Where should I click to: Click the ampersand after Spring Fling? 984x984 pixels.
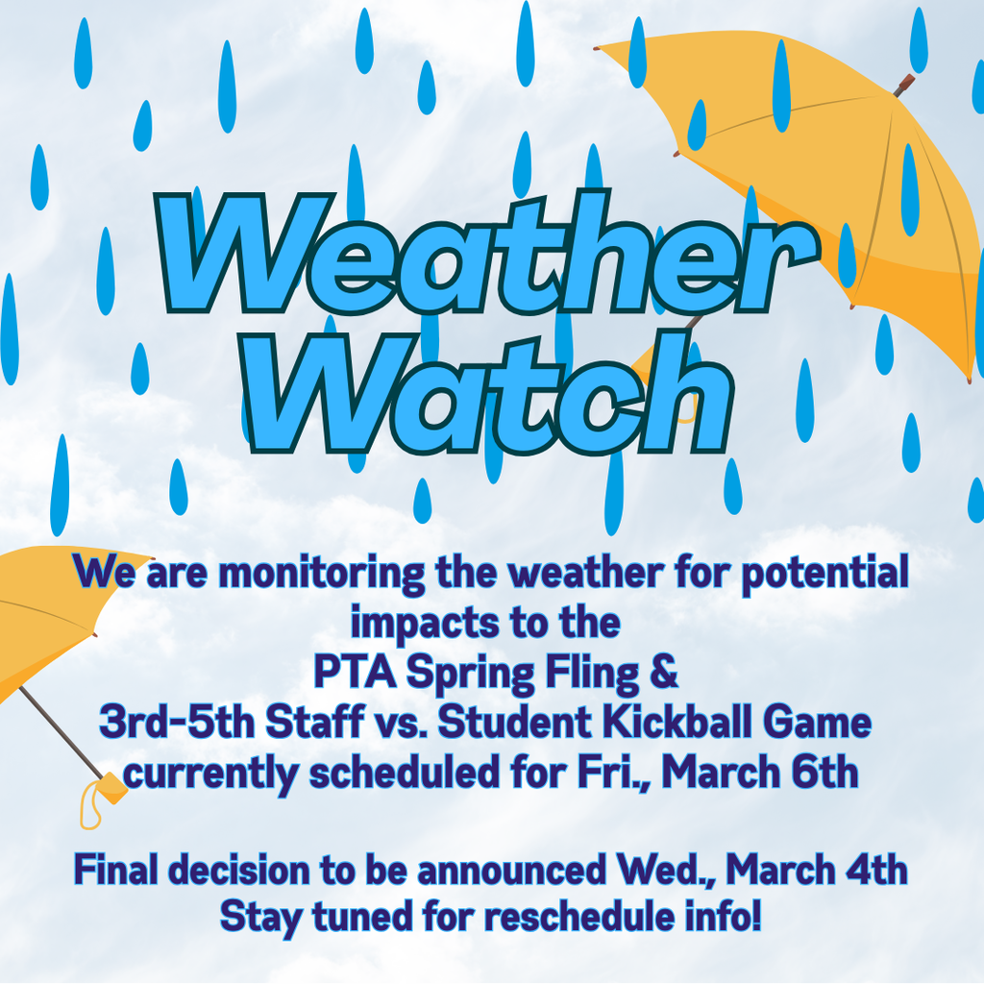tap(665, 672)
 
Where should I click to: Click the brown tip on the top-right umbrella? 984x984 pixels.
tap(904, 86)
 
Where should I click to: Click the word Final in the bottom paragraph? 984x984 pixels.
tap(116, 871)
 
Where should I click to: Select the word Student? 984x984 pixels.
tap(506, 723)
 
